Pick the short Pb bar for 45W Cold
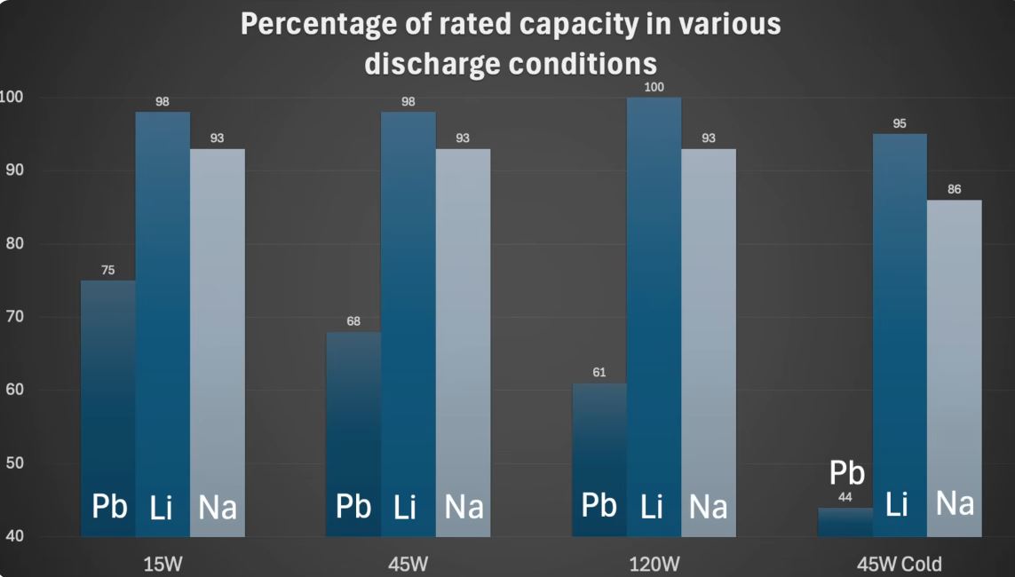[845, 524]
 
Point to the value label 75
[107, 270]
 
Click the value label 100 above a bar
[654, 87]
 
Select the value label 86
[954, 189]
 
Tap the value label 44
[845, 497]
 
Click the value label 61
[599, 372]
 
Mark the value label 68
[353, 321]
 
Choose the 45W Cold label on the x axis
[899, 563]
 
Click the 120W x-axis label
[654, 563]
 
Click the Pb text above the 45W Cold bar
[846, 473]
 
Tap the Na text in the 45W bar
[463, 507]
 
